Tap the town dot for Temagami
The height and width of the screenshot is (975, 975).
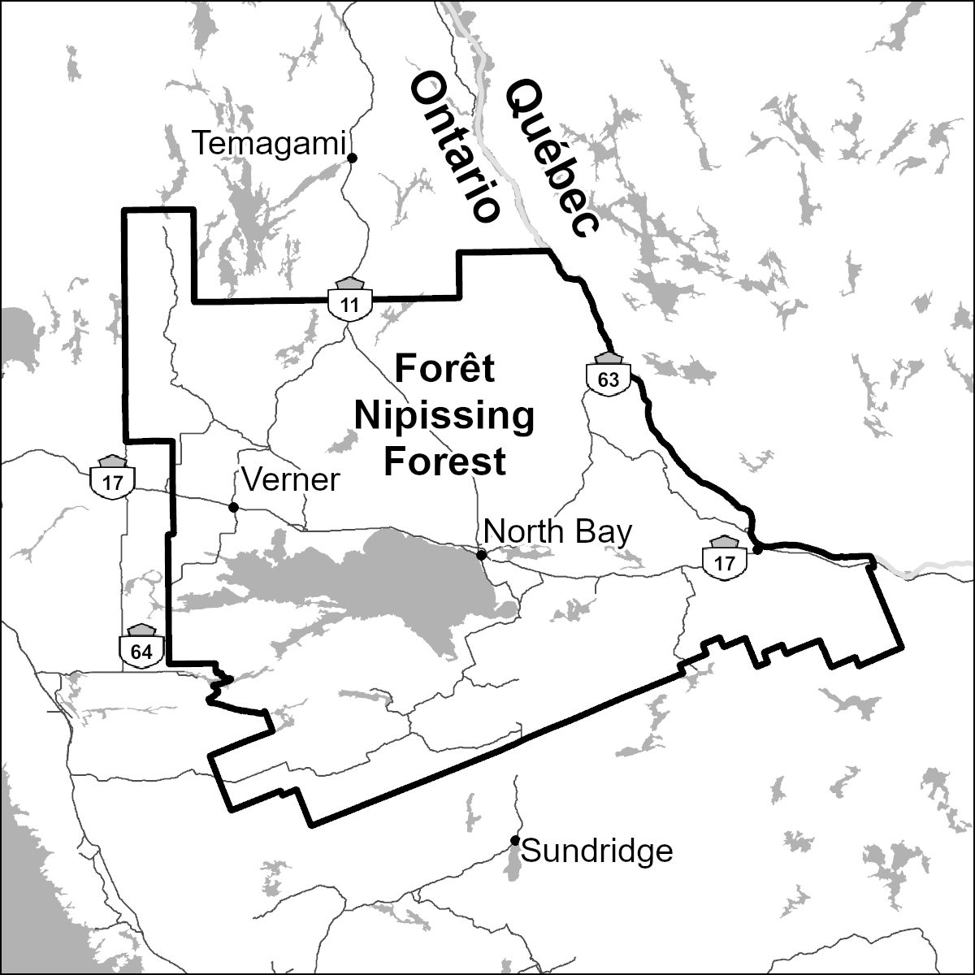tap(352, 158)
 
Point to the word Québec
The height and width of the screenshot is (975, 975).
tap(552, 158)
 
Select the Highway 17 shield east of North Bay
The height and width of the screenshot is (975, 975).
tap(724, 558)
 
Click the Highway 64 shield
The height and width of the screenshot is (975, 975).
tap(141, 648)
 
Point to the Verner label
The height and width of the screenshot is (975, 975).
tap(290, 480)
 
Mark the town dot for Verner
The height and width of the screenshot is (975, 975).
tap(233, 507)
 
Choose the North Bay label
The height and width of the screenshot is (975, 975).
tap(557, 532)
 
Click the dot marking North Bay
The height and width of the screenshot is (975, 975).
tap(481, 555)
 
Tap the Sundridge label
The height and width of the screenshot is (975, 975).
tap(596, 851)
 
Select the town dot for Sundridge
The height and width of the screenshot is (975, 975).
tap(514, 840)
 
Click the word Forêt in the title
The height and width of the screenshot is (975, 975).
tap(444, 370)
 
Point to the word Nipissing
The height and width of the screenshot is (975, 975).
tap(444, 416)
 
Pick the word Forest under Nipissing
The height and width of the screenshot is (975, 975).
tap(444, 461)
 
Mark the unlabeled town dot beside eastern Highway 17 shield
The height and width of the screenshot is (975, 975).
tap(757, 550)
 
